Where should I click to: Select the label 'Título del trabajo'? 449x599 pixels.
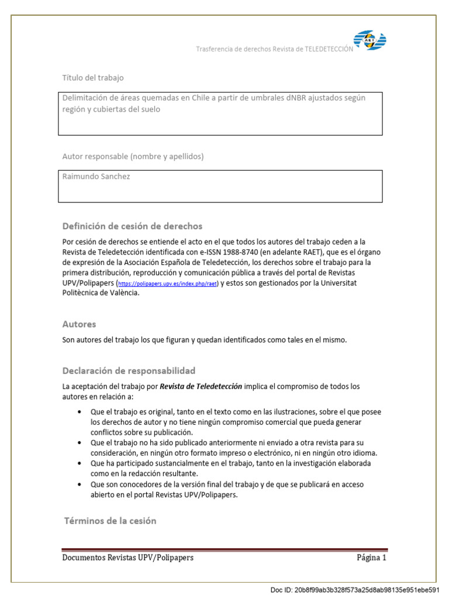click(93, 78)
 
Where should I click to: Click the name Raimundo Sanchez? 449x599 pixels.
click(96, 177)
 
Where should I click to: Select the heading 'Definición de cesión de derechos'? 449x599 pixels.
click(132, 226)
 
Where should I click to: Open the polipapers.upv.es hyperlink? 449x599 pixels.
click(168, 284)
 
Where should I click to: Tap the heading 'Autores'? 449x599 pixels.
click(79, 324)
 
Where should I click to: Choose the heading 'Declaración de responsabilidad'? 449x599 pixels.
click(129, 371)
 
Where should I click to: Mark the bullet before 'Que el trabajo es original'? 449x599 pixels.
click(80, 412)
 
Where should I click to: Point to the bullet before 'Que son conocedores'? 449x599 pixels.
click(80, 484)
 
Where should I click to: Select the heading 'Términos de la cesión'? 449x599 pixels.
click(110, 521)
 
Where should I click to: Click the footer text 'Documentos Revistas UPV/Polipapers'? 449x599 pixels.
click(127, 557)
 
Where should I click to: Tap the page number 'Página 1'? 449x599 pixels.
click(371, 557)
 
